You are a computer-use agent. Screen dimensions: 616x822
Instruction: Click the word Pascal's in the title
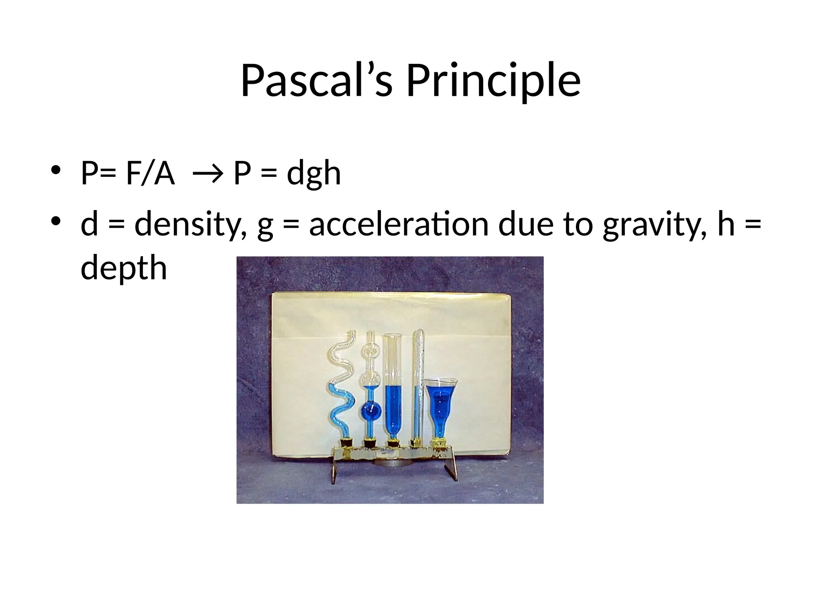[316, 81]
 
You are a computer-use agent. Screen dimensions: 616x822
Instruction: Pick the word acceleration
[399, 225]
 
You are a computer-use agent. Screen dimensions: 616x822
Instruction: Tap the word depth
[124, 268]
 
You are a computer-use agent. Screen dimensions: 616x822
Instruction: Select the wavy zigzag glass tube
[342, 385]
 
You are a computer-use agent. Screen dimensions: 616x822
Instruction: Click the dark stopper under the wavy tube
[346, 443]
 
